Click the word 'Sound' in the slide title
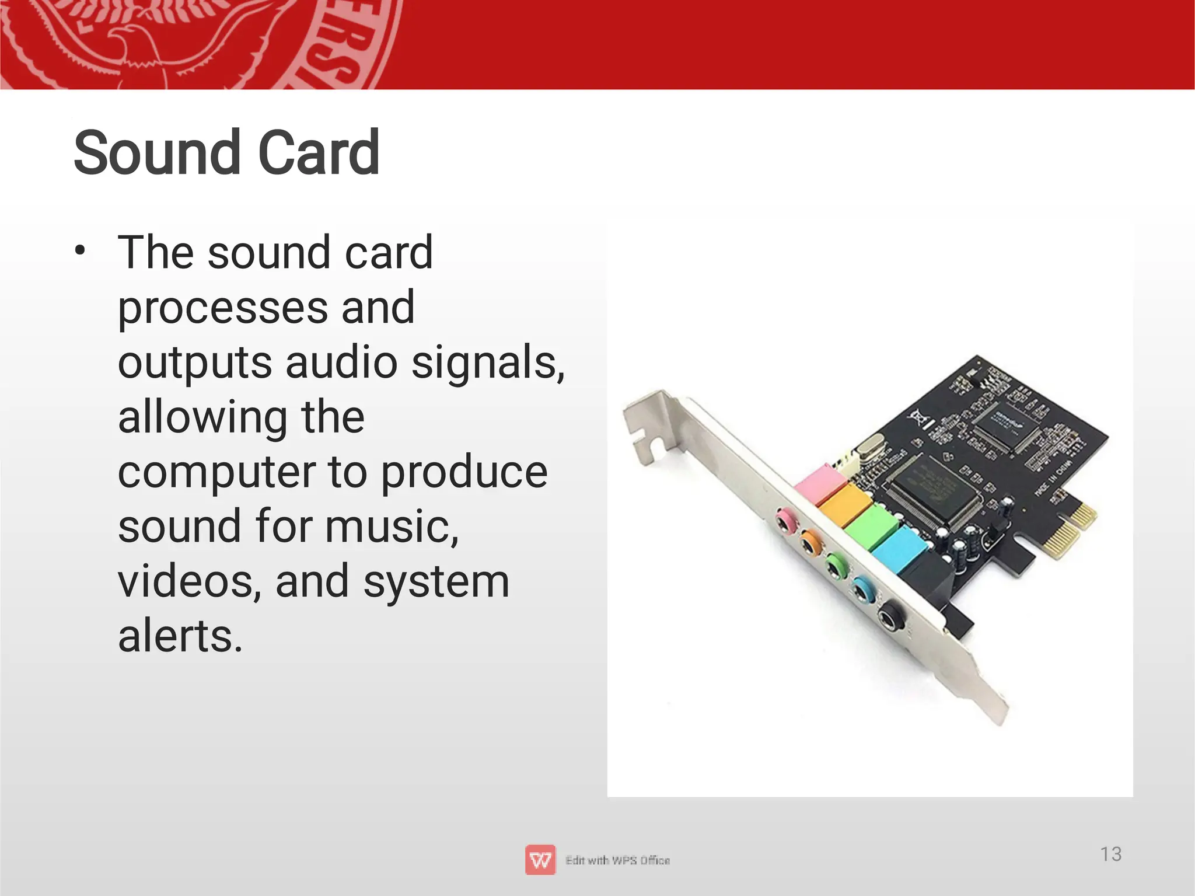(156, 153)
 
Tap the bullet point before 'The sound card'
(80, 252)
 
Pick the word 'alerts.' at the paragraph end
(180, 636)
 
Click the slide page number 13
(1110, 854)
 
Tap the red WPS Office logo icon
(540, 860)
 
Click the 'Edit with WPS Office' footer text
(617, 860)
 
